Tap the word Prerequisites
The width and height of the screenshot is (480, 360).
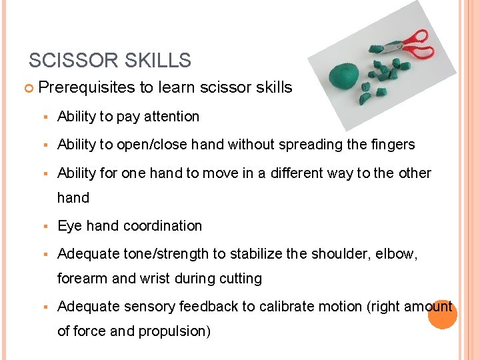pos(87,87)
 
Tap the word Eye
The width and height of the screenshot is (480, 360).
pos(70,226)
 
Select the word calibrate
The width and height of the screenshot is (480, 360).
pos(287,307)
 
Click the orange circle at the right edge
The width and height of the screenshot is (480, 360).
pos(442,314)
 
